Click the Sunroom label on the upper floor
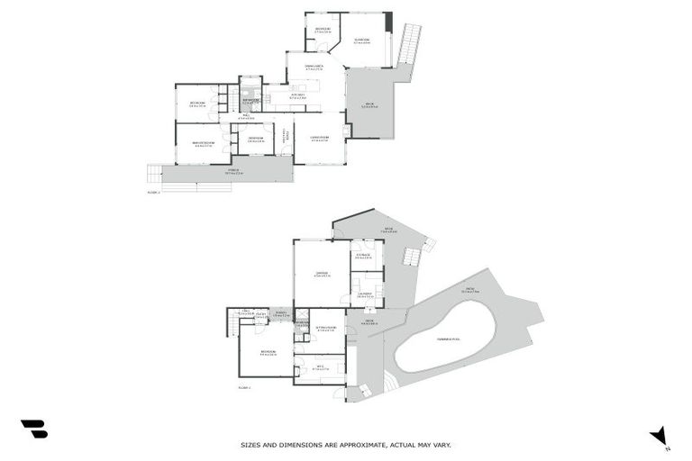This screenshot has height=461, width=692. coord(362,40)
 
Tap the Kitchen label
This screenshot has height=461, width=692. coord(297,95)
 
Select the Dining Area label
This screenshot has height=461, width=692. coord(314,65)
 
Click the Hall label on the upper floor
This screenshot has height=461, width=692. coord(246,117)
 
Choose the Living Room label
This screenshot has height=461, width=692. coord(320,138)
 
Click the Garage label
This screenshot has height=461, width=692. coord(321,274)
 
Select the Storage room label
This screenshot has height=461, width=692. coord(364,256)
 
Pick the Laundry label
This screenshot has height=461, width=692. coord(365,294)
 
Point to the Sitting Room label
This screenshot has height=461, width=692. coord(326,327)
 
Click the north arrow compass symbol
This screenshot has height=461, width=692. coord(661,436)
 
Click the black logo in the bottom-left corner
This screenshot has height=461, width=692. coord(33,429)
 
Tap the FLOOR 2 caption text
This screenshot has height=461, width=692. coord(243,385)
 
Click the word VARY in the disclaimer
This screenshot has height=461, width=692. coord(442,445)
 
